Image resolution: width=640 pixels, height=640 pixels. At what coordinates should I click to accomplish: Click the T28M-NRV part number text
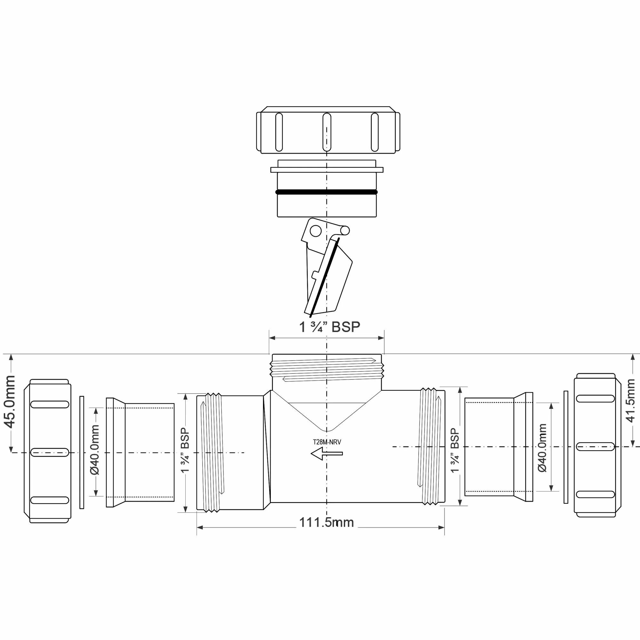(x=327, y=442)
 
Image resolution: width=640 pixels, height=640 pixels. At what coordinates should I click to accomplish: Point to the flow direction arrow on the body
(x=326, y=453)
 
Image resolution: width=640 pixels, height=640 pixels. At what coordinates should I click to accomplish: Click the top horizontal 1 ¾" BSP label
(x=329, y=327)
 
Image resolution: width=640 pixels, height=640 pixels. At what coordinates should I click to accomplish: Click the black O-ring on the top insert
(x=327, y=192)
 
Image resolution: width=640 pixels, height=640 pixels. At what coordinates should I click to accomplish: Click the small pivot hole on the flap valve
(x=316, y=230)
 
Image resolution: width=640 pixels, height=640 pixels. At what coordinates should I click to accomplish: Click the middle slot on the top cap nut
(x=327, y=132)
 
